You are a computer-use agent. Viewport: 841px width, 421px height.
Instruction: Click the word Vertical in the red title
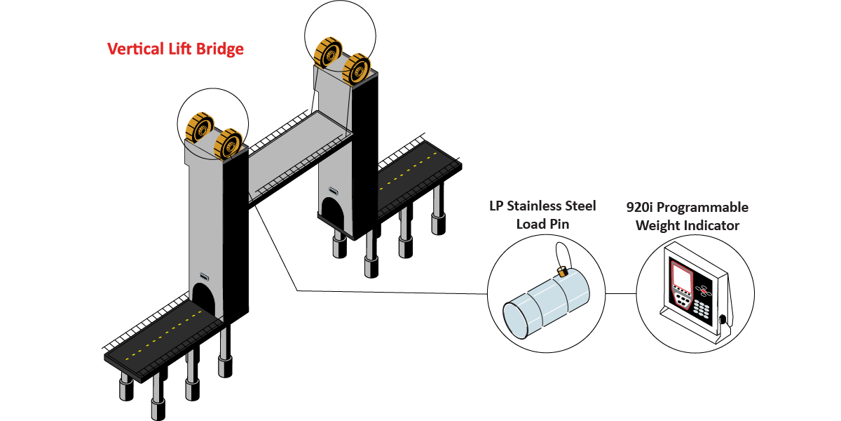(x=132, y=49)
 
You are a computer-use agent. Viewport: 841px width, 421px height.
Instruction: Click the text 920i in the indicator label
(x=642, y=208)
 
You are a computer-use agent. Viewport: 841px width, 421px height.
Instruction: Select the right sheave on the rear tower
(x=357, y=68)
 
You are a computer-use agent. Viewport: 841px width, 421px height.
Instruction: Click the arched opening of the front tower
(x=203, y=298)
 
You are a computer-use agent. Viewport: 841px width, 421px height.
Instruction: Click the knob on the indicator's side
(x=723, y=319)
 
